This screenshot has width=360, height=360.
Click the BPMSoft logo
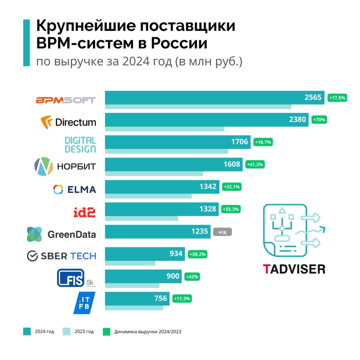tap(66, 100)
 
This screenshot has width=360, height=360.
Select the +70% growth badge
tap(320, 120)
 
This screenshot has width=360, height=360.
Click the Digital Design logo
tap(80, 145)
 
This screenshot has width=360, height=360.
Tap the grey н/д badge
tap(222, 232)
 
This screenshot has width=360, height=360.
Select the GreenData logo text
tap(72, 234)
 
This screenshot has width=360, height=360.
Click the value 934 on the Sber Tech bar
tap(176, 254)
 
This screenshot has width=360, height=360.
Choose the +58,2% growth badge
tap(197, 254)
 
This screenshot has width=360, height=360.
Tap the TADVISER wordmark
tap(294, 269)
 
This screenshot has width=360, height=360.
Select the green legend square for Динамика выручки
tap(107, 331)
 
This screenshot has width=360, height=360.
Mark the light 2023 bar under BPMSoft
tap(198, 107)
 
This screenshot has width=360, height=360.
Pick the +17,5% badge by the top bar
tap(336, 98)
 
